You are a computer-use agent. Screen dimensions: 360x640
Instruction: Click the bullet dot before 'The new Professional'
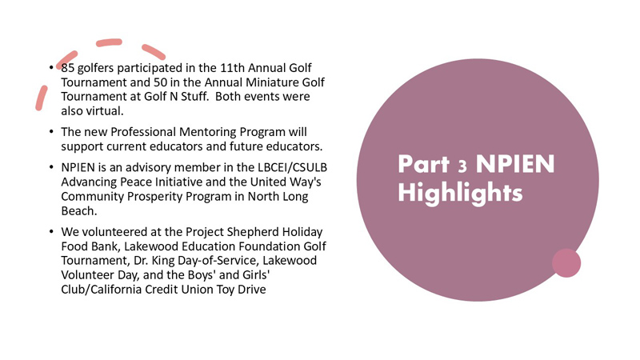(x=50, y=132)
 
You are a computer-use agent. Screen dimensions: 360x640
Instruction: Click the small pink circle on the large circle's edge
(x=566, y=263)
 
